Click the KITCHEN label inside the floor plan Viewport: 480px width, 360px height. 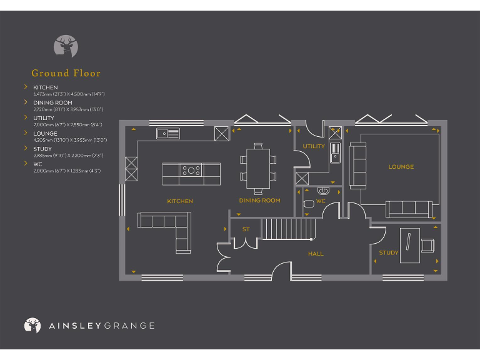coord(179,201)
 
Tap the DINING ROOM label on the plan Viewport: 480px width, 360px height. coord(259,201)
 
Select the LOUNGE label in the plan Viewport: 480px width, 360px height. coord(401,167)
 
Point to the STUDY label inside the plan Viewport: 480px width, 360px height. coord(388,253)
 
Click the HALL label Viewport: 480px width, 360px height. coord(315,254)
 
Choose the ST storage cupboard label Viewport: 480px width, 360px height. coord(246,229)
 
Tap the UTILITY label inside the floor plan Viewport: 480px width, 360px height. coord(314,147)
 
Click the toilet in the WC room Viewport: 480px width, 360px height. coord(308,203)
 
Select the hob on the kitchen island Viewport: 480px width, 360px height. coord(191,169)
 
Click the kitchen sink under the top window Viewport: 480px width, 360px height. coord(167,133)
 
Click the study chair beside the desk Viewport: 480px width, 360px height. coord(428,245)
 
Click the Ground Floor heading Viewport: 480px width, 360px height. coord(66,73)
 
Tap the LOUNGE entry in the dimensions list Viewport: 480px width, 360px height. coord(45,133)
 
